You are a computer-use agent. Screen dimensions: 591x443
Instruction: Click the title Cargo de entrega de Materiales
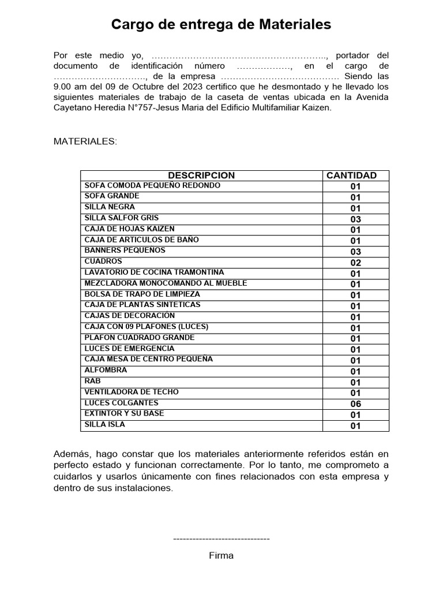221,25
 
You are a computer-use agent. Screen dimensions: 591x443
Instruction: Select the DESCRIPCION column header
201,175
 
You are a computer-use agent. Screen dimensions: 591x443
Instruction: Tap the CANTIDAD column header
355,175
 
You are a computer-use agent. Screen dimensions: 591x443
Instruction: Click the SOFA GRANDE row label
112,196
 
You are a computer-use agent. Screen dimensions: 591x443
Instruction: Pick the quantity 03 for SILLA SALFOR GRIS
355,219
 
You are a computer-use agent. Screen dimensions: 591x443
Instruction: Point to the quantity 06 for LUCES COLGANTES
355,404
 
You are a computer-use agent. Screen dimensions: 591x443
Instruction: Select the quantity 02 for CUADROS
355,263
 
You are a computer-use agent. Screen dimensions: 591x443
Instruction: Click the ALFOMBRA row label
106,371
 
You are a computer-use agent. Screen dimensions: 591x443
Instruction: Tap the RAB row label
92,381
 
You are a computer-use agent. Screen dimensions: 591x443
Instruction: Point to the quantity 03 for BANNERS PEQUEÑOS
355,252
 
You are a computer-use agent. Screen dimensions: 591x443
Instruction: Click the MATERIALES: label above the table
85,141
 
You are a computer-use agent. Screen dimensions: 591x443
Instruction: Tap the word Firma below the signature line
221,556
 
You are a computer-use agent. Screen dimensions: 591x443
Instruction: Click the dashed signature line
221,538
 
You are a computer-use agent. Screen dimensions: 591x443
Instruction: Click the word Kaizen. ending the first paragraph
318,108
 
